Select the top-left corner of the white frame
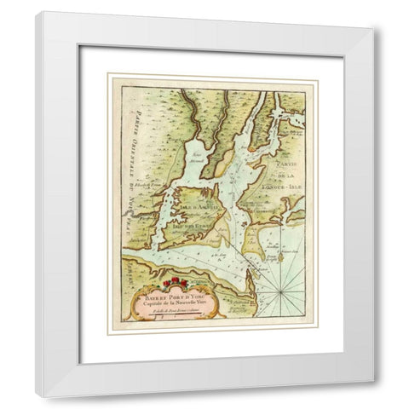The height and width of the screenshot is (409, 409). point(36,12)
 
